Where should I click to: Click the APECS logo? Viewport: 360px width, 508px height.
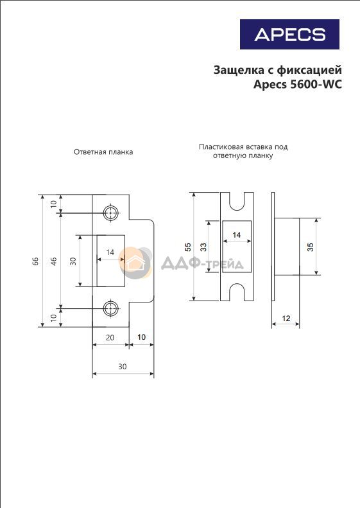tap(289, 34)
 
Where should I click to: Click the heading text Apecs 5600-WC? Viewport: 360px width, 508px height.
tap(298, 84)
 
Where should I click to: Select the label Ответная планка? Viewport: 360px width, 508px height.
tap(103, 152)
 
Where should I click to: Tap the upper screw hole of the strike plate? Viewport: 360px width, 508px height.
tap(111, 213)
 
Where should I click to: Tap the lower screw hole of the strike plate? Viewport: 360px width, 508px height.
tap(111, 308)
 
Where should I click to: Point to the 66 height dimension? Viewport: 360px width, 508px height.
tap(35, 261)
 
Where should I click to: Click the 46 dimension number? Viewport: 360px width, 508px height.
tap(54, 261)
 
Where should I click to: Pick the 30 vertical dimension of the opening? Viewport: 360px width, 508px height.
tap(73, 261)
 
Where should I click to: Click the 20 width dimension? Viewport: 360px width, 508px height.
tap(110, 338)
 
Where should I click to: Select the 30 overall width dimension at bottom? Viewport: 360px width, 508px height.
tap(122, 367)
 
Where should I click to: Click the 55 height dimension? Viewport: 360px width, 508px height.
tap(188, 247)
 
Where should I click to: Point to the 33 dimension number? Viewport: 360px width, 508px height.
tap(203, 247)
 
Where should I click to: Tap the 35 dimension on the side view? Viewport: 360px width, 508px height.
tap(310, 247)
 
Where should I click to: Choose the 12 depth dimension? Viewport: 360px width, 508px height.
tap(286, 319)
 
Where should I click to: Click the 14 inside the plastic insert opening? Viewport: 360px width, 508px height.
tap(237, 235)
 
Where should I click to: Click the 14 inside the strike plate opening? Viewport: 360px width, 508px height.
tap(110, 252)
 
